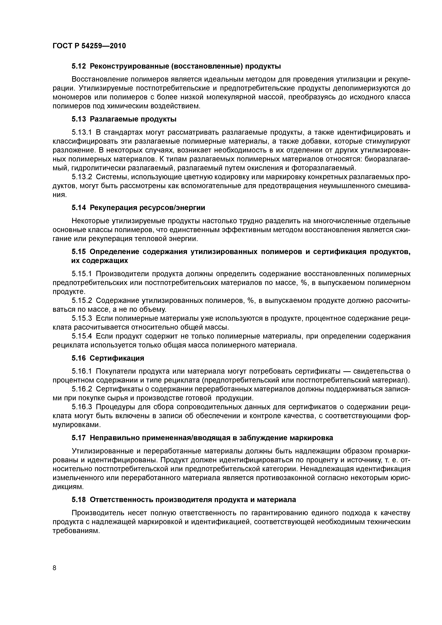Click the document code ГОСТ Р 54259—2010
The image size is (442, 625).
coord(89,46)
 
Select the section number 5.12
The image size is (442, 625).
coord(79,66)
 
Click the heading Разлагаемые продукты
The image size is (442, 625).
coord(133,119)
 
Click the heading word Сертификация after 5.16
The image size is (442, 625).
coord(117,358)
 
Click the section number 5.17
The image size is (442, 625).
coord(79,438)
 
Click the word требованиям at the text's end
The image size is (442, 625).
coord(75,531)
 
